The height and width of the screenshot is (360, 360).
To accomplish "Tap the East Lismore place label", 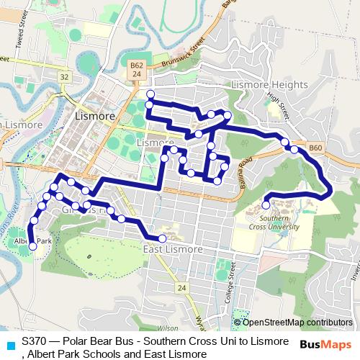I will (x=172, y=249).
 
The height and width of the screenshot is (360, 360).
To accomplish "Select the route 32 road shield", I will (x=64, y=76).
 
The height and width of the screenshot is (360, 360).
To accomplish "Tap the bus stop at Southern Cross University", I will (x=266, y=205).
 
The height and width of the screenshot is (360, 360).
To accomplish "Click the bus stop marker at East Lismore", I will (x=162, y=238).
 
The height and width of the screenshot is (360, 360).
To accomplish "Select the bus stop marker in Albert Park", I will (x=32, y=247).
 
